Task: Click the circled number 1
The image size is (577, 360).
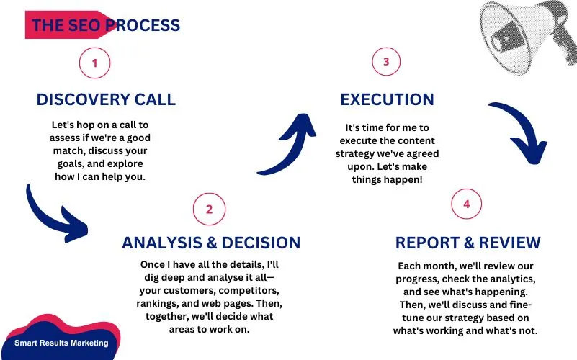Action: pos(94,63)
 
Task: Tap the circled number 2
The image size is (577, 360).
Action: pos(209,209)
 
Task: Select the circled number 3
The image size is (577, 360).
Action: pos(386,61)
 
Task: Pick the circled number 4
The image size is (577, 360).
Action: pos(466,204)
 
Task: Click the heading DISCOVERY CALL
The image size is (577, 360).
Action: pos(106,99)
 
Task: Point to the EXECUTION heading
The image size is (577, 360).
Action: pos(387,99)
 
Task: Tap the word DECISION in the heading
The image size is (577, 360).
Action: pos(261,243)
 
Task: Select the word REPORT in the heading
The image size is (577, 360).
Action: pos(427,243)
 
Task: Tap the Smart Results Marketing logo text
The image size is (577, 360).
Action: pos(61,343)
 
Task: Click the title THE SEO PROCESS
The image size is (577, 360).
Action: pos(106,25)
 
